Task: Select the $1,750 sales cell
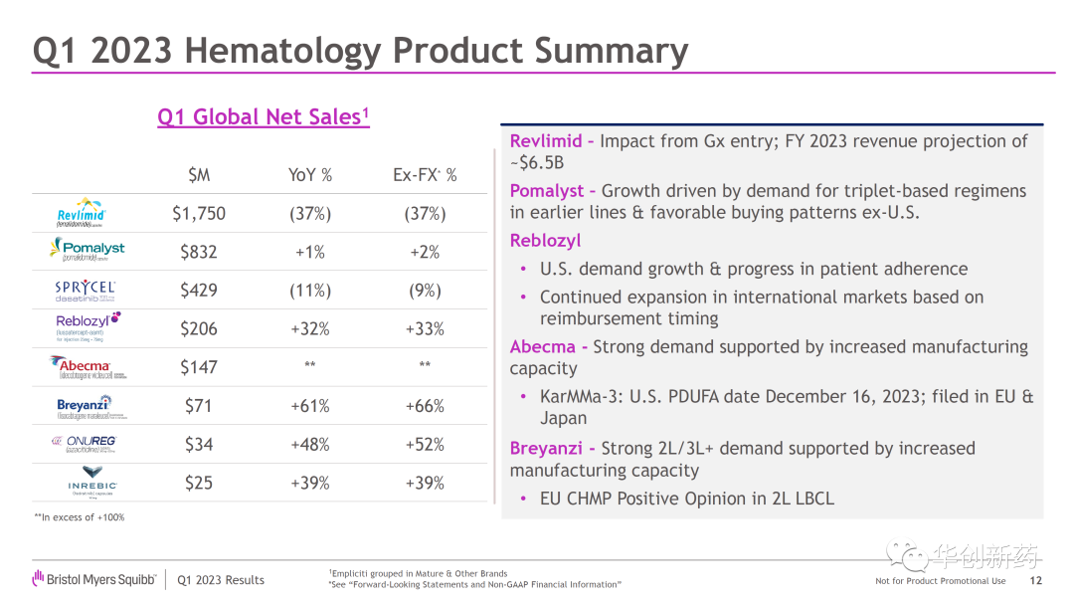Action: (199, 214)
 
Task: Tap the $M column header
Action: (199, 175)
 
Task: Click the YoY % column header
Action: (310, 175)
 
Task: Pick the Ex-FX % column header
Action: (425, 175)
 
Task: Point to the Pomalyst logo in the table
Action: (88, 251)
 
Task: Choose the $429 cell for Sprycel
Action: (199, 291)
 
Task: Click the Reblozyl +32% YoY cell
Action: (310, 329)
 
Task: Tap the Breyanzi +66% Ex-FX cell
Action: (425, 406)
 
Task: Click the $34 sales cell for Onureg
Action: (199, 445)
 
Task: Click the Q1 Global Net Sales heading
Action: (264, 117)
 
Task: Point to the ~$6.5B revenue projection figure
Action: (537, 163)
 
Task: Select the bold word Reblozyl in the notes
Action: (545, 241)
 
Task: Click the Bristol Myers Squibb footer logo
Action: (93, 579)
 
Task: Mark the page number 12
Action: (1035, 581)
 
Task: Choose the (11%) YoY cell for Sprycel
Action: (310, 291)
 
